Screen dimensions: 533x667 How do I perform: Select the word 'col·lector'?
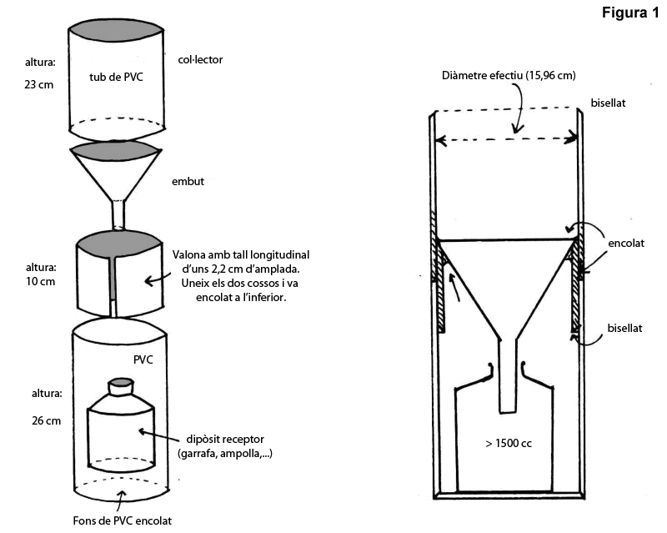pos(201,60)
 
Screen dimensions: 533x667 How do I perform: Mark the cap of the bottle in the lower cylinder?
pos(121,385)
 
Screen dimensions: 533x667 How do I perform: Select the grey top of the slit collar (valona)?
pos(117,245)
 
